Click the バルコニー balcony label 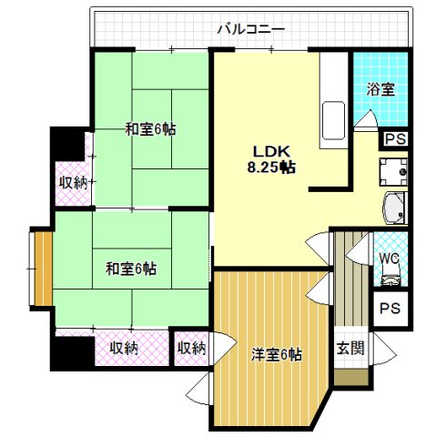coord(250,29)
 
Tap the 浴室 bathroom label coord(380,89)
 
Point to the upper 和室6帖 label coord(150,129)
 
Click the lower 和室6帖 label coord(130,269)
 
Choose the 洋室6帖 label coord(276,355)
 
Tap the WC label coord(389,258)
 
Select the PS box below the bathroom coord(394,139)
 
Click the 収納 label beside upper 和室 coord(73,183)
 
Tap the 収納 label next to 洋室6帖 coord(191,348)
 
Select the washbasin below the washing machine coord(396,208)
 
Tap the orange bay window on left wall coord(40,269)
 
